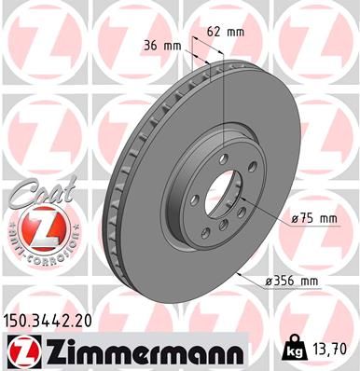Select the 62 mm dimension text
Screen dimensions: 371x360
tap(228, 32)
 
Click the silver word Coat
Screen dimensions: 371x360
tap(36, 192)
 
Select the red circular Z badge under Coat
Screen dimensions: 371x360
tap(36, 227)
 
